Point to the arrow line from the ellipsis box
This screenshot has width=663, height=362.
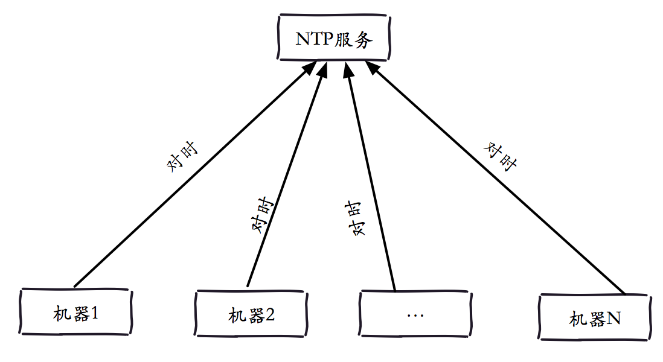[370, 176]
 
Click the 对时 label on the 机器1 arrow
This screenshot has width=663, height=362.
[182, 157]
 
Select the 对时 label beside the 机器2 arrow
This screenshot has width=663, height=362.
[263, 215]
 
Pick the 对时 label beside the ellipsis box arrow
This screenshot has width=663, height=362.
[355, 218]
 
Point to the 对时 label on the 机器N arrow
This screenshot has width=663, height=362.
[500, 157]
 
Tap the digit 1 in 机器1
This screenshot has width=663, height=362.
[95, 313]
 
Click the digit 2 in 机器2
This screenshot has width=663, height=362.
[270, 315]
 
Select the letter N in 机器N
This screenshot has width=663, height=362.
[613, 318]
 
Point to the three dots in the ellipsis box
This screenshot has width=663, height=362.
[415, 315]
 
